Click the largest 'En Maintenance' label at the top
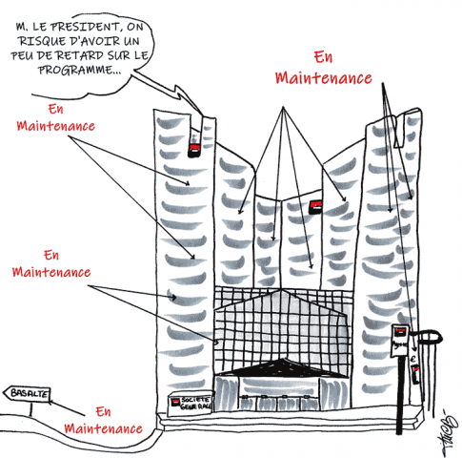(323, 69)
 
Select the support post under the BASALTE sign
(31, 408)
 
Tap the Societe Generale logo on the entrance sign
(174, 403)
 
